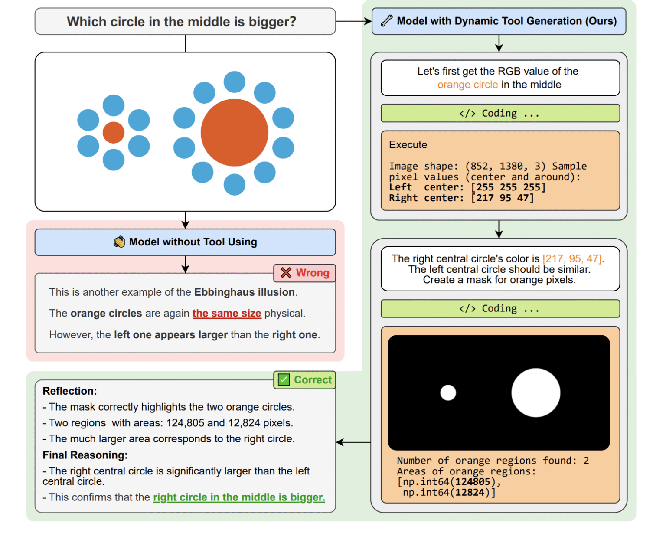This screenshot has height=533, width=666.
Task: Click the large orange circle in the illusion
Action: (x=235, y=133)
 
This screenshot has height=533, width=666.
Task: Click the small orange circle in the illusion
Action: (x=114, y=133)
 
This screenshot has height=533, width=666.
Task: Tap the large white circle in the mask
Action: (x=535, y=393)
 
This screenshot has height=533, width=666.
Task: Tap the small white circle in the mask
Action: (x=448, y=393)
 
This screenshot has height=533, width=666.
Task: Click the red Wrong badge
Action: (x=305, y=273)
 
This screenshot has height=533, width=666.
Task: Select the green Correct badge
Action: (x=305, y=380)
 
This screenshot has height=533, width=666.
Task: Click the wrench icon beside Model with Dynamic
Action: (x=386, y=21)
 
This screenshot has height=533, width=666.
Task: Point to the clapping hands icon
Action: (x=119, y=242)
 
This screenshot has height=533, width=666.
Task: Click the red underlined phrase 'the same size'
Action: (x=227, y=313)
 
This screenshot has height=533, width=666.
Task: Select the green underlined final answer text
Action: (x=239, y=497)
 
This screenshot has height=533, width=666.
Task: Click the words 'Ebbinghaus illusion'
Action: (x=245, y=292)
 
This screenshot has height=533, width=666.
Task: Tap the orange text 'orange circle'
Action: (x=467, y=85)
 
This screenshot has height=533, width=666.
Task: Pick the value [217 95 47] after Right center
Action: (x=503, y=198)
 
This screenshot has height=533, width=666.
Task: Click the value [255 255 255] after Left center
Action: (x=508, y=187)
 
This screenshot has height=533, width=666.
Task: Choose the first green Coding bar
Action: (x=500, y=114)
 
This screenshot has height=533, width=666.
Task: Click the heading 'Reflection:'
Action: (x=70, y=391)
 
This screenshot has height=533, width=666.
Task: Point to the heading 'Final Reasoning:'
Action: (x=85, y=455)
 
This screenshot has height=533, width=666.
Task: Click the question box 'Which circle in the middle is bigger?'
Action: (x=185, y=22)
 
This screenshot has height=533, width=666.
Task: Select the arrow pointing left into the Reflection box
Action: (x=353, y=442)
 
